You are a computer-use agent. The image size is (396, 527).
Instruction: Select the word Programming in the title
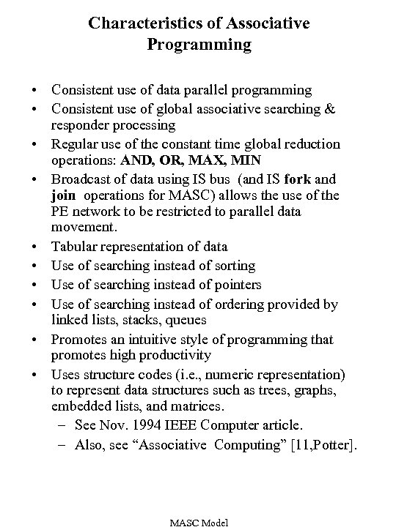click(199, 45)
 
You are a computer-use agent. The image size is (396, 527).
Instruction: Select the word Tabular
click(73, 247)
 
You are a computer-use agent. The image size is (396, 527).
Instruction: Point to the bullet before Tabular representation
click(34, 247)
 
